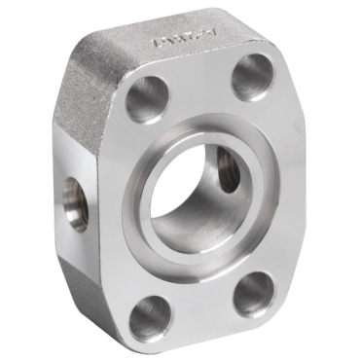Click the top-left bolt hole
point(149,97)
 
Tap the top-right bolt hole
point(253,76)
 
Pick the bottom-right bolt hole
point(254,293)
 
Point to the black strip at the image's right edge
point(356,180)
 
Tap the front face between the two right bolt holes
point(277,185)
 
